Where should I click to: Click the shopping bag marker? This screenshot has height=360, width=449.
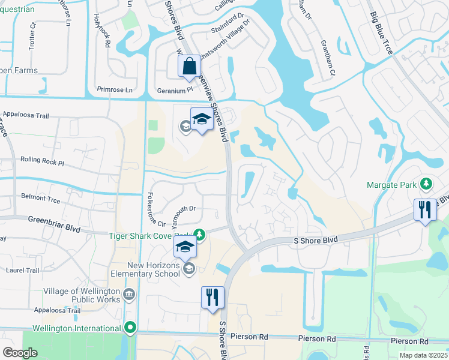coord(189,66)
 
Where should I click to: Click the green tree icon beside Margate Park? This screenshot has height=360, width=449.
coord(426,182)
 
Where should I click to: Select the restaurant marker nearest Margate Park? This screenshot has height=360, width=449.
coord(425,211)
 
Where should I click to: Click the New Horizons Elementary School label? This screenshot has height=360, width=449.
coord(153,269)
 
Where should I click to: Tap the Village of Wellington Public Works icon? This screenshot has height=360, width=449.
coord(129,293)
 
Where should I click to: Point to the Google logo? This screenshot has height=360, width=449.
coord(20,353)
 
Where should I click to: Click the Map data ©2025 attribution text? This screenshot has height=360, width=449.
coord(423,356)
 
